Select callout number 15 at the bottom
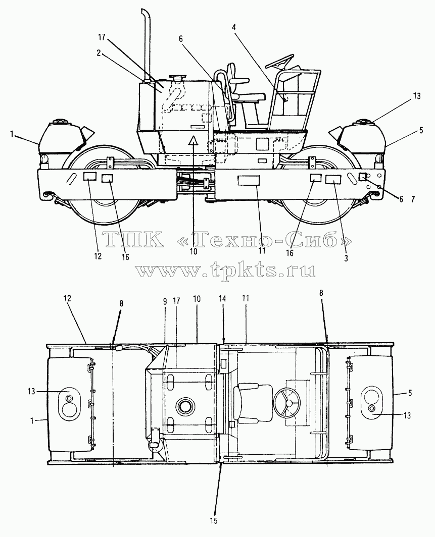coord(214,521)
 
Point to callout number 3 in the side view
coord(346,258)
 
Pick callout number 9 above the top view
coord(165,301)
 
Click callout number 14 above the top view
coord(222,299)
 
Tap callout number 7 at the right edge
coord(413,199)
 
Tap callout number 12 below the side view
coord(98,256)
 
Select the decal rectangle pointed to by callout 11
coord(249,180)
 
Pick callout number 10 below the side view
coord(194,251)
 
